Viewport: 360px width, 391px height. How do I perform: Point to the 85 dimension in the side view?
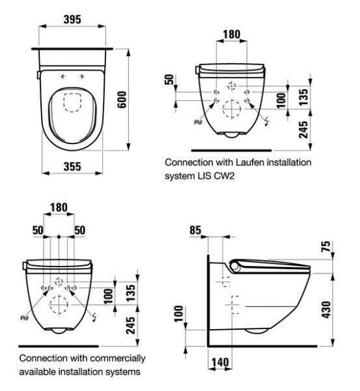tap(195, 229)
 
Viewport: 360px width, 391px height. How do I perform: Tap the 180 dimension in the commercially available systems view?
tap(59, 208)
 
